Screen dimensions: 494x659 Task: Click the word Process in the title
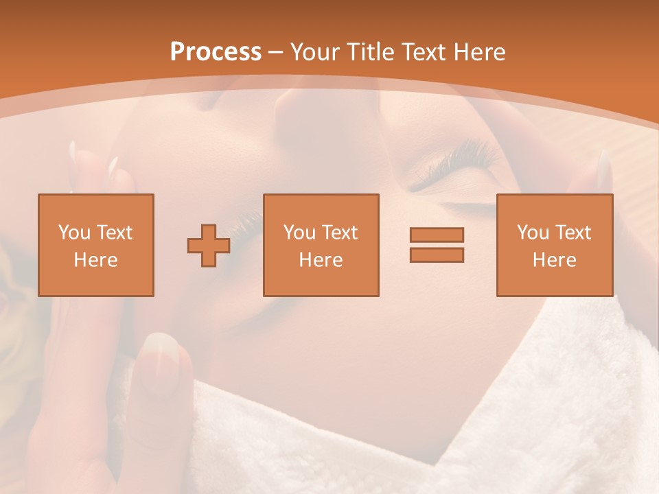point(216,52)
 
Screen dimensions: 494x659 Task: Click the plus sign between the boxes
point(209,245)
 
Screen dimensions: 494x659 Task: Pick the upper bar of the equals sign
point(437,235)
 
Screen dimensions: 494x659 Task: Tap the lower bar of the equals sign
point(437,255)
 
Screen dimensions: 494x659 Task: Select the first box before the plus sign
point(96,245)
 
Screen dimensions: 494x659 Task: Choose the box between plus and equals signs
point(321,245)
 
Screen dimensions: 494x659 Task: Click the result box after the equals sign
point(554,245)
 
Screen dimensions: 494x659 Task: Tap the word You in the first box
point(73,233)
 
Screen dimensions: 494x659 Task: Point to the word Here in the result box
point(554,260)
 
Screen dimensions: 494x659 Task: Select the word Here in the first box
point(95,260)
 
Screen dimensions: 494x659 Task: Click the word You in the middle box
point(299,233)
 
